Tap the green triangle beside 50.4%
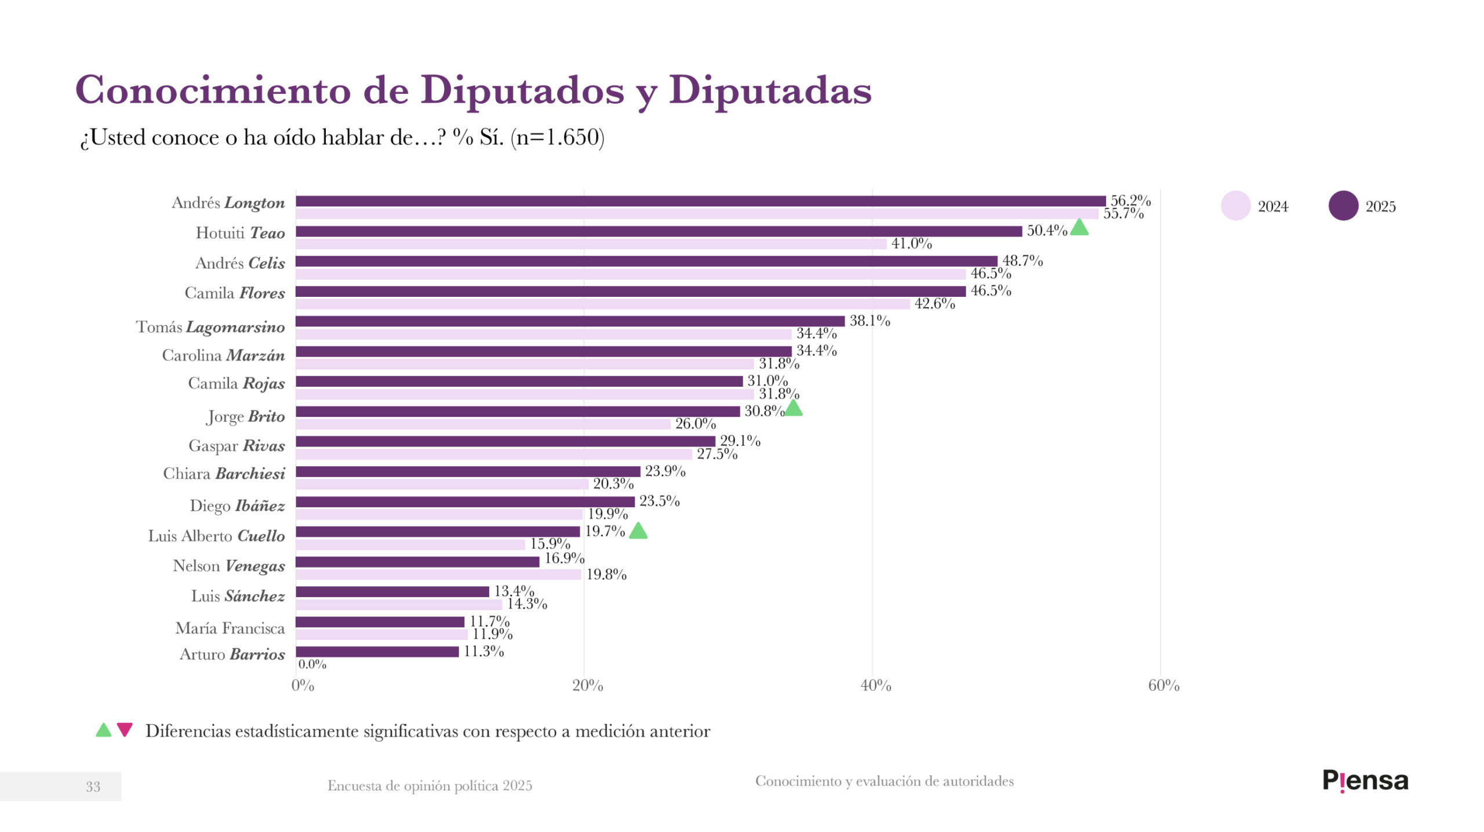(x=1079, y=227)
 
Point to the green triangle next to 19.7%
(x=638, y=531)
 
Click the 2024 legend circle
(x=1235, y=206)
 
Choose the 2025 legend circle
(x=1343, y=206)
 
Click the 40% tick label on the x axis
(x=875, y=686)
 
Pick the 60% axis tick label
(x=1163, y=686)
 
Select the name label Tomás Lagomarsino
(x=210, y=327)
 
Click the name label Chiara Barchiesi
(x=224, y=474)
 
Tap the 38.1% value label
(x=870, y=321)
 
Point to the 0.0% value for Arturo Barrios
(x=312, y=664)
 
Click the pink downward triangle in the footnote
(x=125, y=729)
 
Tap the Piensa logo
(x=1365, y=781)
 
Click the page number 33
(x=93, y=787)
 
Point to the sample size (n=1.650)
(x=557, y=137)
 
